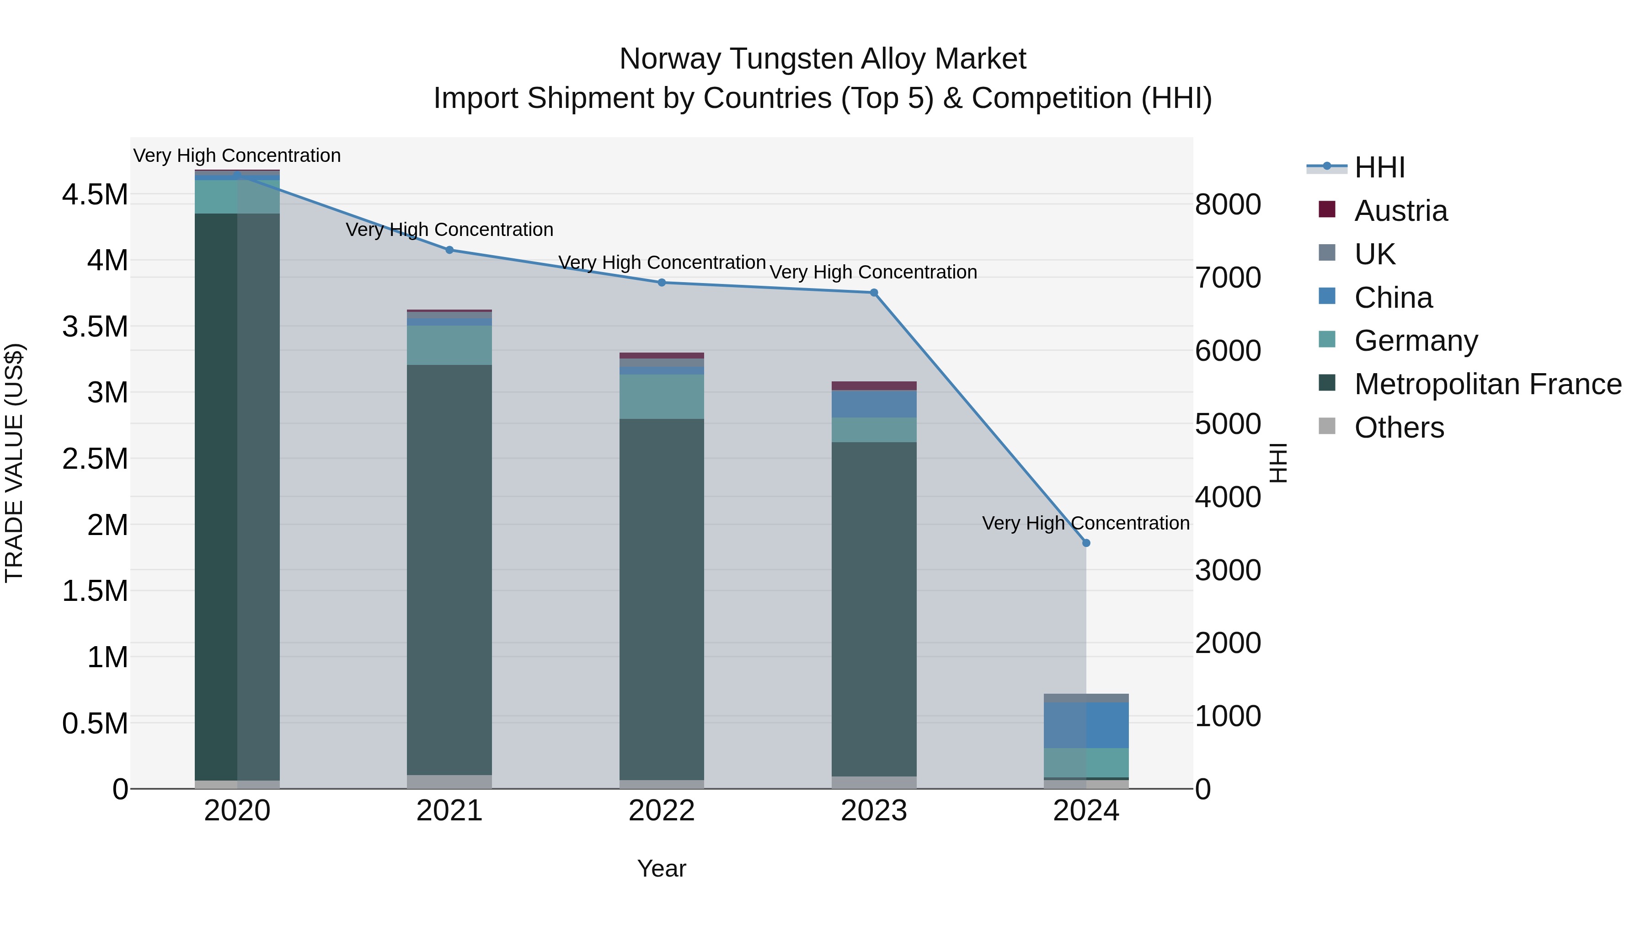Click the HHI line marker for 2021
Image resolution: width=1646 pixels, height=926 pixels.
(x=449, y=250)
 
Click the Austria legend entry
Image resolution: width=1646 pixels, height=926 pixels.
(x=1400, y=211)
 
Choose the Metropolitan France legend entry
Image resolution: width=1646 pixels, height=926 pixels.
(x=1487, y=384)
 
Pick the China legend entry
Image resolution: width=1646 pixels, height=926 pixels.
(x=1393, y=298)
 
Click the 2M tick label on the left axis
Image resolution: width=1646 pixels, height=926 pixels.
(x=107, y=525)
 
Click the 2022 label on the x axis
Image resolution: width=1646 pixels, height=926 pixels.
(x=661, y=811)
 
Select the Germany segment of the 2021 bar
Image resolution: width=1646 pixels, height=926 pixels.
(x=449, y=345)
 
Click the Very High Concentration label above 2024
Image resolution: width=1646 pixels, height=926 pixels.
(x=1085, y=523)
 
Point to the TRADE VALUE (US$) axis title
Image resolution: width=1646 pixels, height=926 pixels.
(x=14, y=463)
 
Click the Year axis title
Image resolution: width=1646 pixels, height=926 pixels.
(x=661, y=868)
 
